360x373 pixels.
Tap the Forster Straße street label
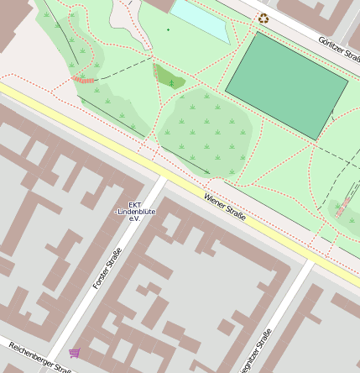(x=107, y=270)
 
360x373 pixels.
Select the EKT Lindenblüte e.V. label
(x=133, y=211)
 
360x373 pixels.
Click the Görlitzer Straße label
(x=339, y=53)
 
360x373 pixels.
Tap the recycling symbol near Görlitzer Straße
(x=263, y=18)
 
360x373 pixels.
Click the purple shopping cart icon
(x=75, y=353)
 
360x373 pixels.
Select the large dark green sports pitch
(x=285, y=84)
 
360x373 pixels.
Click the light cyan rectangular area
(x=201, y=19)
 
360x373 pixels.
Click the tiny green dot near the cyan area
(x=167, y=30)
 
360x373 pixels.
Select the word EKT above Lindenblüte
(x=134, y=203)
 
